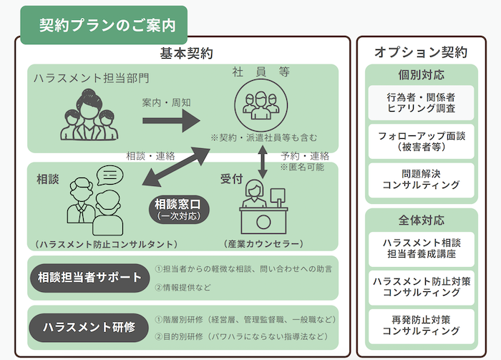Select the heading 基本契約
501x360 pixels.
point(185,53)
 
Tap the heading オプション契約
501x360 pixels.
point(421,53)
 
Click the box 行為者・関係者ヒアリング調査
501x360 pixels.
point(421,102)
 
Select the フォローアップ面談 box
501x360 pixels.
point(421,140)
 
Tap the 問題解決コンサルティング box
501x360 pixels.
point(421,179)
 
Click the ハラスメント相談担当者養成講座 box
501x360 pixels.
point(421,246)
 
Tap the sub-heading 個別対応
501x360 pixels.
point(421,74)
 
